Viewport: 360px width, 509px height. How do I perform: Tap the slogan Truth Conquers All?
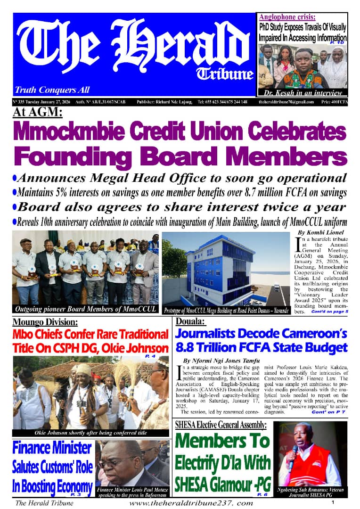click(52, 90)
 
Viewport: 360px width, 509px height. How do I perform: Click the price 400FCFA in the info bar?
click(334, 102)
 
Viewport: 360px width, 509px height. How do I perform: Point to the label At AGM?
click(38, 113)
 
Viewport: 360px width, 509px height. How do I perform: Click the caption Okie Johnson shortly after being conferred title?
click(90, 433)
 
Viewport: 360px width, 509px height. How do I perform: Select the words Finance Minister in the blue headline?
click(52, 447)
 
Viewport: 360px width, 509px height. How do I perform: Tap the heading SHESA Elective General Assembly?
click(221, 425)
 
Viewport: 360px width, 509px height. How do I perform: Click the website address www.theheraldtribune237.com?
click(191, 503)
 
